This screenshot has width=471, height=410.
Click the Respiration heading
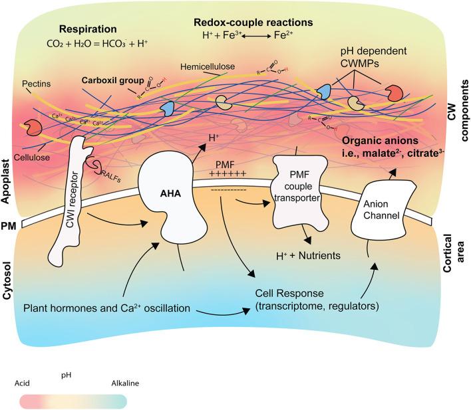point(87,29)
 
